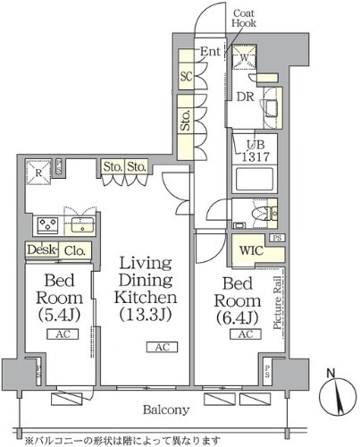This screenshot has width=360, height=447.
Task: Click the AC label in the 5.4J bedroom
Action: click(x=63, y=334)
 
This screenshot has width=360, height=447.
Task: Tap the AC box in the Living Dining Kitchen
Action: click(x=162, y=347)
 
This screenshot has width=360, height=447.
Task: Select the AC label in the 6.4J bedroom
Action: click(x=246, y=334)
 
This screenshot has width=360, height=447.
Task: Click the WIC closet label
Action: click(x=251, y=250)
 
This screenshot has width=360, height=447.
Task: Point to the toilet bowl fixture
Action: click(x=258, y=214)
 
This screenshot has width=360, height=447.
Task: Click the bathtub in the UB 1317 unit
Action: click(x=255, y=180)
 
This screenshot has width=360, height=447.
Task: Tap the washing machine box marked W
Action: click(x=244, y=56)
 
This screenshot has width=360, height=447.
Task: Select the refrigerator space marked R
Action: click(x=38, y=173)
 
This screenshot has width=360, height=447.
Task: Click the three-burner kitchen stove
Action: click(x=47, y=225)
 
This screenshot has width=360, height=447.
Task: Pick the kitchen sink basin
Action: click(x=83, y=225)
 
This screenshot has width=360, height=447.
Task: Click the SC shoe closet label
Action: click(x=187, y=77)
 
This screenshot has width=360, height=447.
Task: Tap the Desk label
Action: click(x=41, y=249)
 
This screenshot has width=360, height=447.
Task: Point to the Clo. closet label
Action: click(x=75, y=251)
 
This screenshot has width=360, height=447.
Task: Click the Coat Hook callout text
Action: click(x=244, y=18)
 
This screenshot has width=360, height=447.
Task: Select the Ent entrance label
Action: click(x=210, y=51)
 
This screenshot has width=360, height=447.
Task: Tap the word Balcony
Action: click(x=166, y=410)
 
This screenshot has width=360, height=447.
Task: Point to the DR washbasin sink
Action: click(x=272, y=108)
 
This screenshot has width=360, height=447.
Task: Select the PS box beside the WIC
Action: click(x=277, y=238)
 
